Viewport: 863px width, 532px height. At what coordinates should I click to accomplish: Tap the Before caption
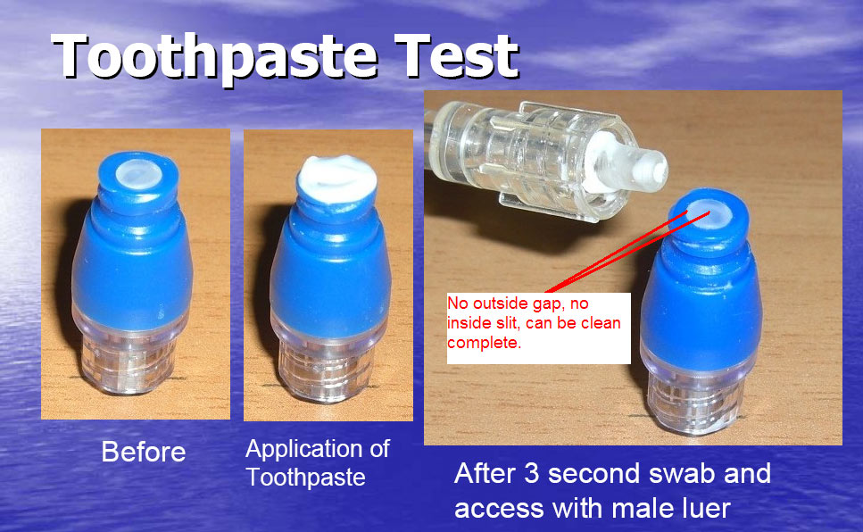(144, 453)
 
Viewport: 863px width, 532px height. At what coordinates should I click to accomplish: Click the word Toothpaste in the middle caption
(305, 477)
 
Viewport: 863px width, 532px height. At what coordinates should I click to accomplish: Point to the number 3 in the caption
(531, 474)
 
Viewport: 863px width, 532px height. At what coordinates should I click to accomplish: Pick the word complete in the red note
(484, 343)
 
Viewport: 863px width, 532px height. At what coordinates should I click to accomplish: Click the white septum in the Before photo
(139, 174)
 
